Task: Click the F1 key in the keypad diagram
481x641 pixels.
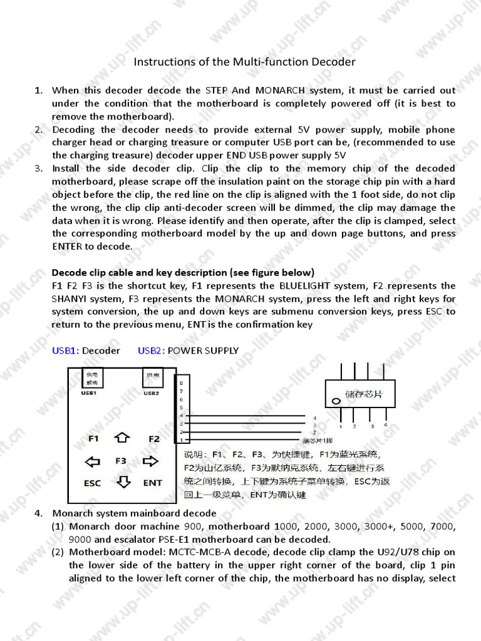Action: (93, 439)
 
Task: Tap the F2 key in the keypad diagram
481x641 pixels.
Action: (154, 439)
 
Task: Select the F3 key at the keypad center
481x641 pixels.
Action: (121, 461)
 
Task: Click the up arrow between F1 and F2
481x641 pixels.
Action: (123, 438)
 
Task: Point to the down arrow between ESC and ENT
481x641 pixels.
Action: (123, 482)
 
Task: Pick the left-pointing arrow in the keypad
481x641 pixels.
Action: (93, 462)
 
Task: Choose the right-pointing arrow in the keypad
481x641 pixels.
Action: (151, 462)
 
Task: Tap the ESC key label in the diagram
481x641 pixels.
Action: (92, 483)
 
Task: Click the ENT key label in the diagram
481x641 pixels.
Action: (152, 483)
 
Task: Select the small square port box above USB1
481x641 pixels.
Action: (92, 378)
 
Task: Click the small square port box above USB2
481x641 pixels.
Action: (152, 378)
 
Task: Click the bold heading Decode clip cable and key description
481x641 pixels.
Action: (182, 272)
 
